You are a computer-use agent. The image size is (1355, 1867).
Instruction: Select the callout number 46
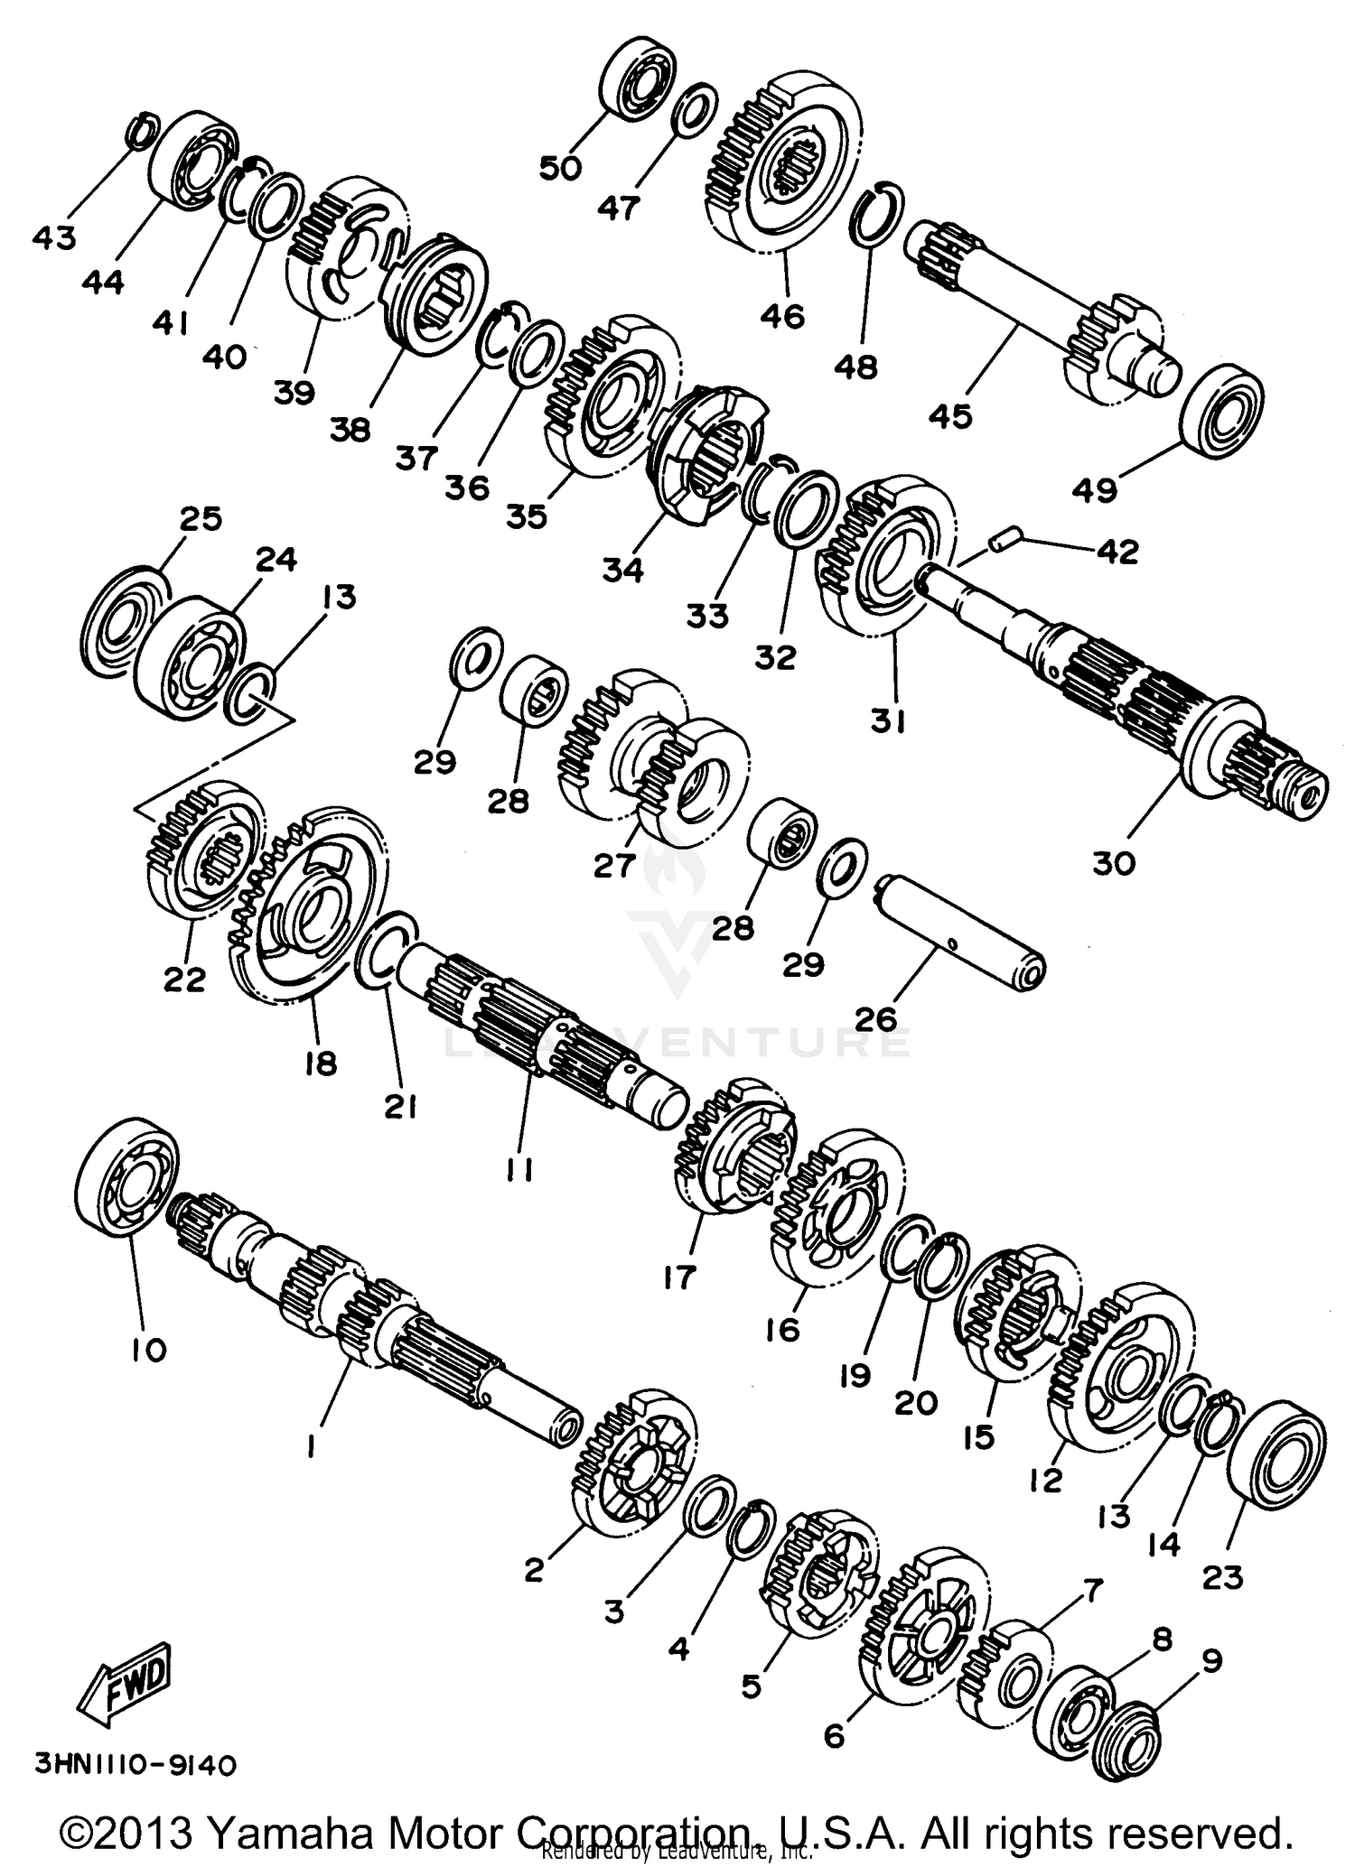pos(782,316)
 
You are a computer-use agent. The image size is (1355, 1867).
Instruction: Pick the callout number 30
pos(1113,863)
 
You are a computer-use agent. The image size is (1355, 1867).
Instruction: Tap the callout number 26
pos(874,1018)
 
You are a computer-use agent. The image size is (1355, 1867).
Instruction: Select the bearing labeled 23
pos(1276,1460)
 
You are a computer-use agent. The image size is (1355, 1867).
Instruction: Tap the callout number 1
pos(310,1447)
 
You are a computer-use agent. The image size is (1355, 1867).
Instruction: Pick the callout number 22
pos(184,979)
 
